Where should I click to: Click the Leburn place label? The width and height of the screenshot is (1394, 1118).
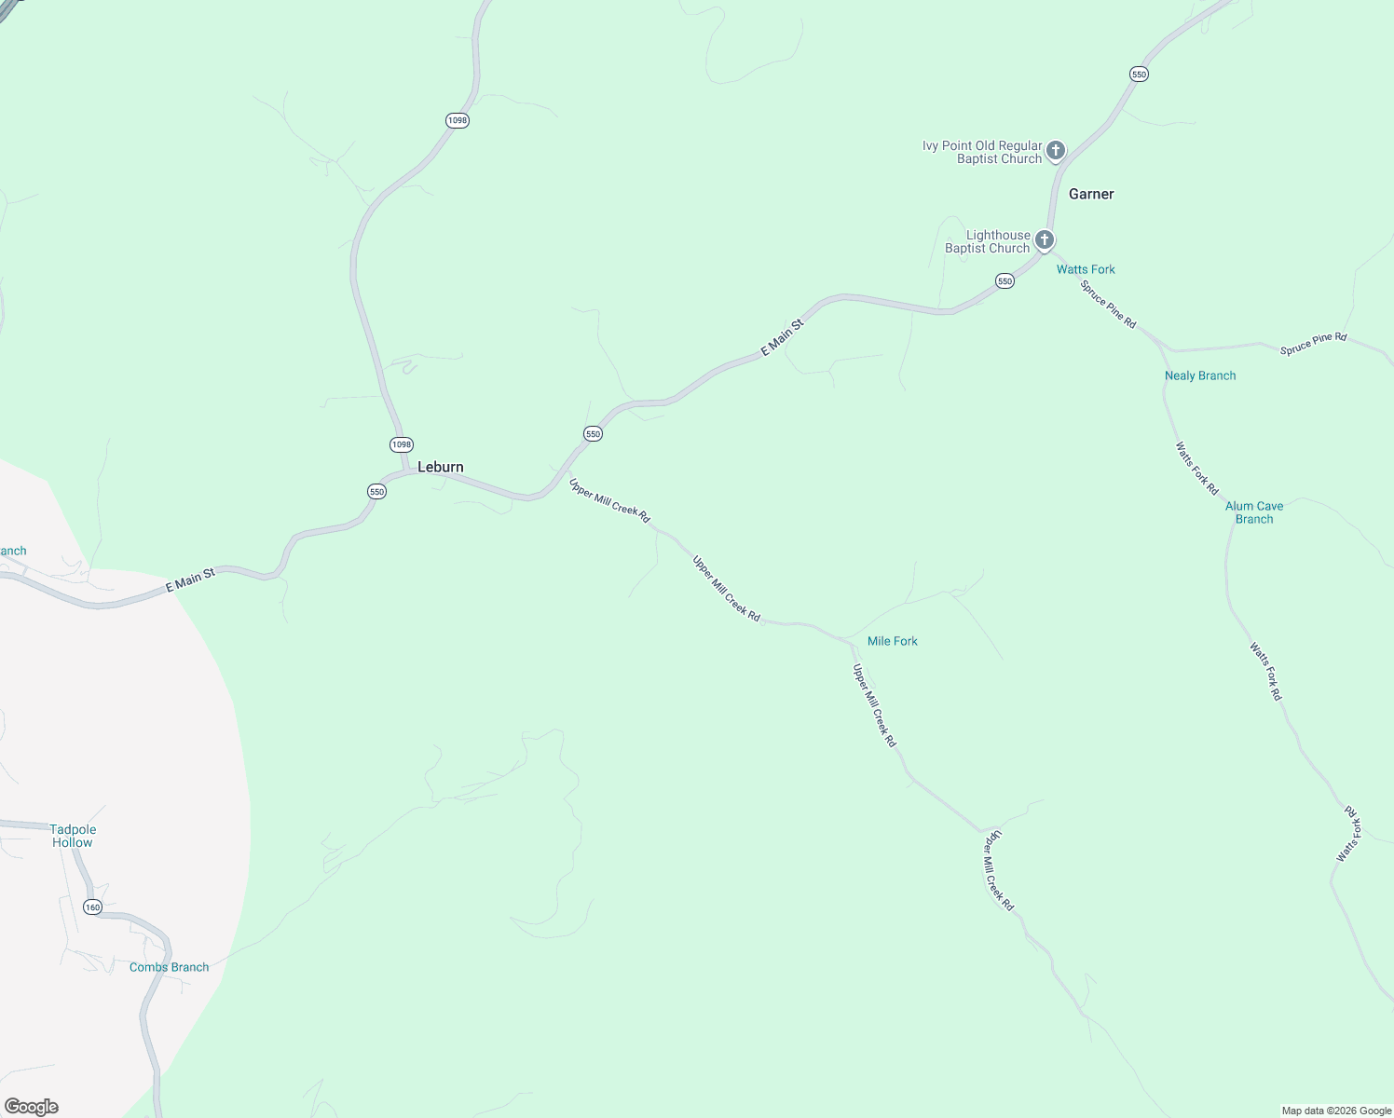point(440,467)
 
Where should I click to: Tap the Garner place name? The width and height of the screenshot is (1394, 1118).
point(1091,194)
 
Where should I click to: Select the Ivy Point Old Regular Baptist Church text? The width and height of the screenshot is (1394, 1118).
point(982,152)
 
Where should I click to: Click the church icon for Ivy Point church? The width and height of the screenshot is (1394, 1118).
point(1055,149)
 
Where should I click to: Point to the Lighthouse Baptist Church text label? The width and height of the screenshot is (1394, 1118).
point(988,241)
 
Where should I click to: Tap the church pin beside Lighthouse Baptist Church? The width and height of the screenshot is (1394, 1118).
point(1045,239)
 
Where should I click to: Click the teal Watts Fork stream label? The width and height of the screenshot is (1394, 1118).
point(1086,269)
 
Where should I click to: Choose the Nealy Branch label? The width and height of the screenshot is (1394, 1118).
point(1200,375)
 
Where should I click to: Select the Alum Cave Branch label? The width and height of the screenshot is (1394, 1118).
point(1254,512)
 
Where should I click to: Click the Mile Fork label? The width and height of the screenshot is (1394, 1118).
point(892,641)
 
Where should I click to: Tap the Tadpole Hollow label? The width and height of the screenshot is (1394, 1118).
point(73,836)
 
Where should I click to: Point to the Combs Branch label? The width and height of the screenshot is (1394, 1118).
point(169,967)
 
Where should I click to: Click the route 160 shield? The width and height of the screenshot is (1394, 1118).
point(91,907)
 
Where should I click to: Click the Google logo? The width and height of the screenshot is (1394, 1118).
point(32,1107)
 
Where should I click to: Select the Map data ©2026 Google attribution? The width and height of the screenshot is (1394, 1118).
point(1336,1111)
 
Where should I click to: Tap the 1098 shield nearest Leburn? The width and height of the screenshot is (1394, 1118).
point(401,444)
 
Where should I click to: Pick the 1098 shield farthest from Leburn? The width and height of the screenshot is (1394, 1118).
point(457,120)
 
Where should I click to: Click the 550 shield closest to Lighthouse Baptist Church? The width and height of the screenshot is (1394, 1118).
point(1004,280)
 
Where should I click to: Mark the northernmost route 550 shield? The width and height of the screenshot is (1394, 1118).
point(1139,74)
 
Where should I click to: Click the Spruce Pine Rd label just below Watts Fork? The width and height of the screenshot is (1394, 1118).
point(1109,304)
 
